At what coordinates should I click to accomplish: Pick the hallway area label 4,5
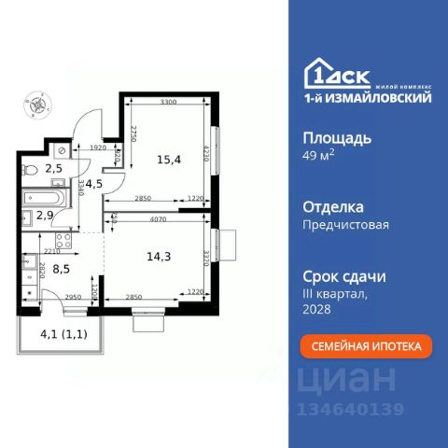(93, 183)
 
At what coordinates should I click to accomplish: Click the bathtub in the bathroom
(46, 199)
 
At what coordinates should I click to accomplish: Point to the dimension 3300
(168, 101)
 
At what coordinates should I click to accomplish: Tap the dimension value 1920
(99, 148)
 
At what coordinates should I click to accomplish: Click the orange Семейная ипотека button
(366, 346)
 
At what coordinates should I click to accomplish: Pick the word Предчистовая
(345, 224)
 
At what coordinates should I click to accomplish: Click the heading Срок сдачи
(344, 276)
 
